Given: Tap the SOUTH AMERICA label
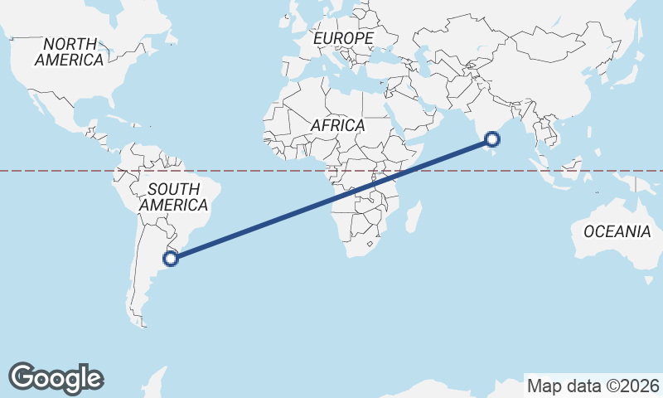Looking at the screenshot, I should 173,197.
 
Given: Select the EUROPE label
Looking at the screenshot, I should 343,38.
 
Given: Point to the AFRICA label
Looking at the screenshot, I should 338,125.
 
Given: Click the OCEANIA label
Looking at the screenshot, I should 617,231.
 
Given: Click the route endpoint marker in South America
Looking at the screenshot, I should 171,259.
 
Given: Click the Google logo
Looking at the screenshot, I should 56,378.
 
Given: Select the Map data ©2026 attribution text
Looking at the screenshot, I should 593,386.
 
